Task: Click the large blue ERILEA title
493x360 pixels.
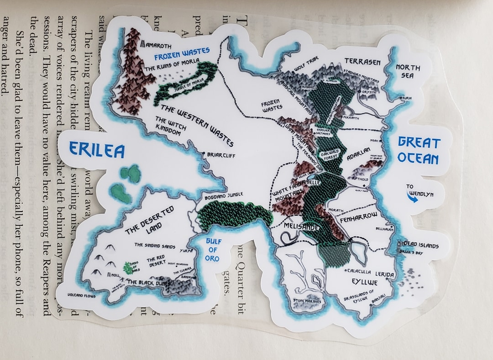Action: [97, 149]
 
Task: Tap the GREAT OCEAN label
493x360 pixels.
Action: [418, 150]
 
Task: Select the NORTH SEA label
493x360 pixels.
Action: [408, 71]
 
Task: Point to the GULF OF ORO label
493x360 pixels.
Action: [213, 250]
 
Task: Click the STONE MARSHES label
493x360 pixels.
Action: [307, 301]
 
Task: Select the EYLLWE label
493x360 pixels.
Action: [365, 281]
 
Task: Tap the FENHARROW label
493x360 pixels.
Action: [359, 217]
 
